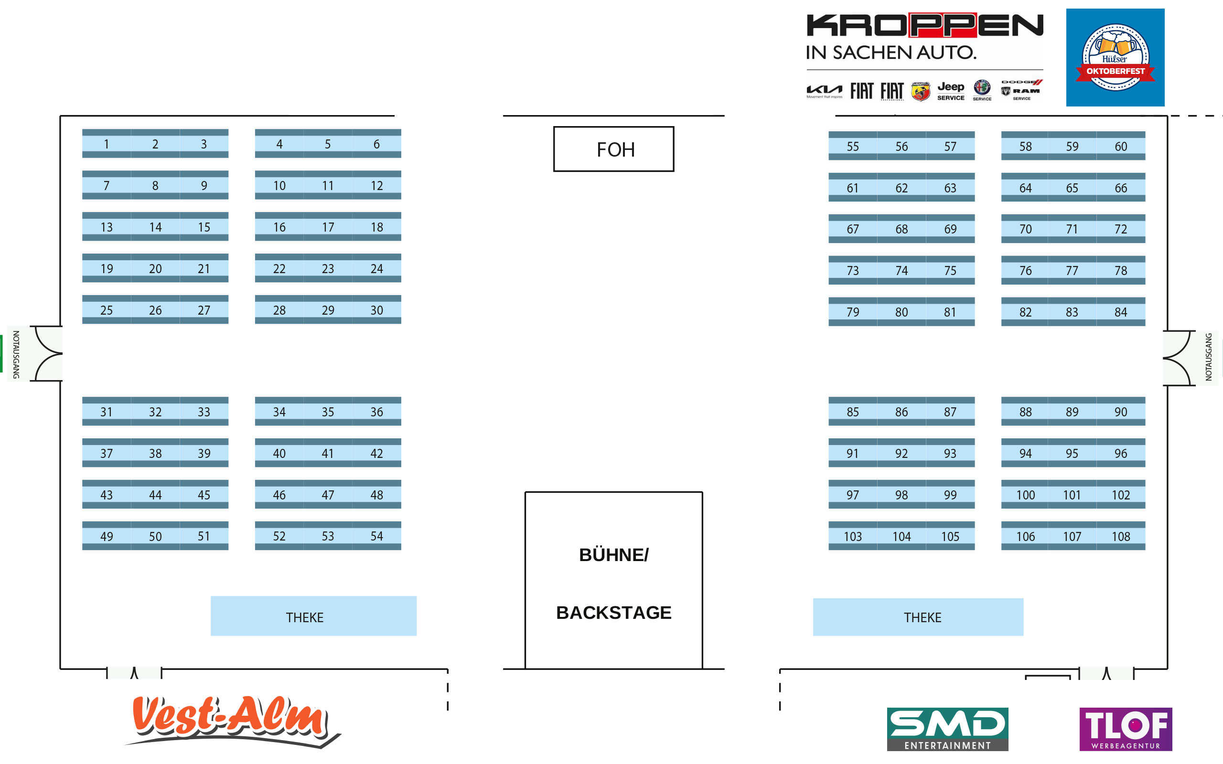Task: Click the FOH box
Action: click(613, 149)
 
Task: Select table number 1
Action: click(107, 144)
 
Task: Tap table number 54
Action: click(376, 536)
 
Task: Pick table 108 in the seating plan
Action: click(1120, 537)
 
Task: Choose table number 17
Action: click(328, 227)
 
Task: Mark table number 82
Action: click(1025, 312)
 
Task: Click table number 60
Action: click(1120, 147)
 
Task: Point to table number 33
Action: click(204, 412)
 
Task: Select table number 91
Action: click(853, 454)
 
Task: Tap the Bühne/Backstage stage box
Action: click(613, 581)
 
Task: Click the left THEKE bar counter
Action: click(313, 616)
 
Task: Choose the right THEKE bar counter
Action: click(918, 617)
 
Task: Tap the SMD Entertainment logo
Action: click(947, 729)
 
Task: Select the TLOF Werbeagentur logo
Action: click(1126, 729)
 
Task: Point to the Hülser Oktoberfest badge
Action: click(1115, 58)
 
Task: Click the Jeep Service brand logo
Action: click(951, 91)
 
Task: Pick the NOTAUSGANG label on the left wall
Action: click(16, 354)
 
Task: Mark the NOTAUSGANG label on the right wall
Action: click(1208, 357)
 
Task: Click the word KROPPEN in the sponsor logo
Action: click(924, 25)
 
